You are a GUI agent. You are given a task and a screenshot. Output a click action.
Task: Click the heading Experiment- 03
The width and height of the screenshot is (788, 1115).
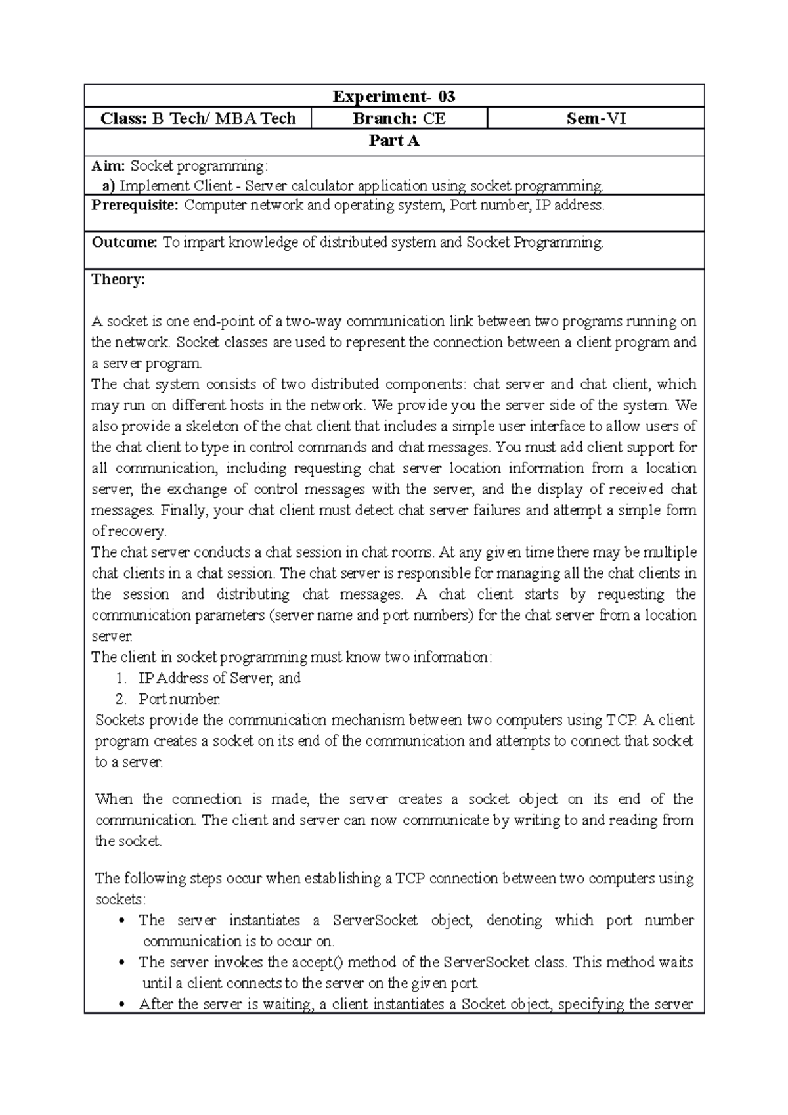(x=393, y=97)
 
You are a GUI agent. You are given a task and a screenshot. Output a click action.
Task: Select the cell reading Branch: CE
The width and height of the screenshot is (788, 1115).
(x=399, y=118)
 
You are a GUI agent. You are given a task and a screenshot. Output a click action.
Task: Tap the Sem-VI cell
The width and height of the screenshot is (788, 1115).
(x=596, y=118)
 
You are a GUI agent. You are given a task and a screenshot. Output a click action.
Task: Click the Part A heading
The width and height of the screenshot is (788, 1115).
(x=393, y=141)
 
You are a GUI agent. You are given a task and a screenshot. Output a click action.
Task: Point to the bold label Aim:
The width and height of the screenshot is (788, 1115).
(x=108, y=167)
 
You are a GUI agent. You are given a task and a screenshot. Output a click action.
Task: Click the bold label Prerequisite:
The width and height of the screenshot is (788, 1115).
(x=135, y=205)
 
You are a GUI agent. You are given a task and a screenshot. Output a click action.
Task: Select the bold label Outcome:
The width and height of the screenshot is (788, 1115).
(x=124, y=242)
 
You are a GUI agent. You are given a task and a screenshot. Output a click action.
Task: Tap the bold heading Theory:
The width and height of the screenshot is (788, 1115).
(x=118, y=280)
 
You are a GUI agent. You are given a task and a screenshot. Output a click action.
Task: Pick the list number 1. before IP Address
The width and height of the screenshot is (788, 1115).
(x=120, y=678)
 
